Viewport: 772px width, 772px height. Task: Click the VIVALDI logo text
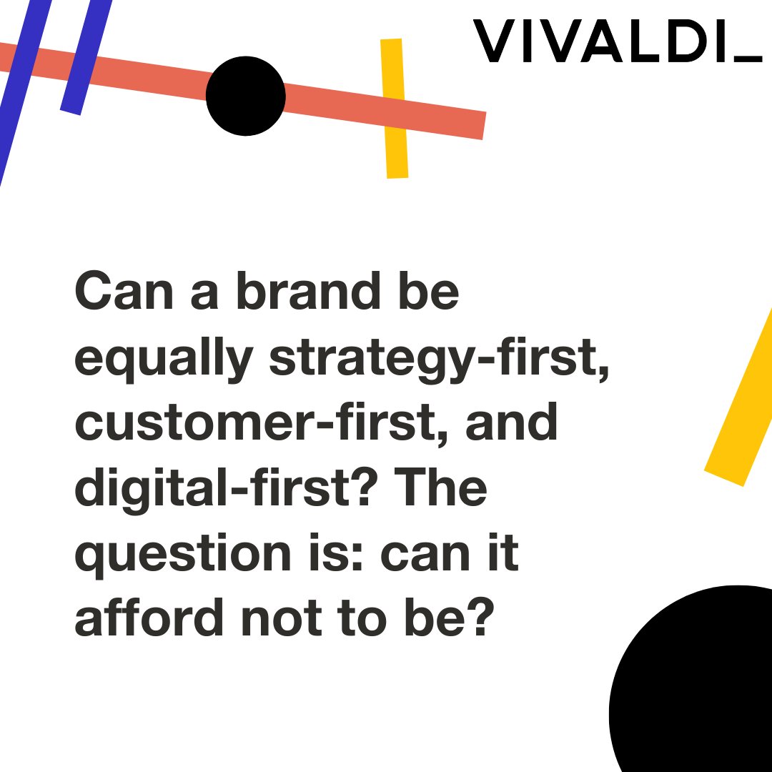600,41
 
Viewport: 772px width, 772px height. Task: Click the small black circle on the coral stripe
245,96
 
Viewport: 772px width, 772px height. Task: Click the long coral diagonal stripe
372,107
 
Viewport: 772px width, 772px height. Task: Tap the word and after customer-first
512,422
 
